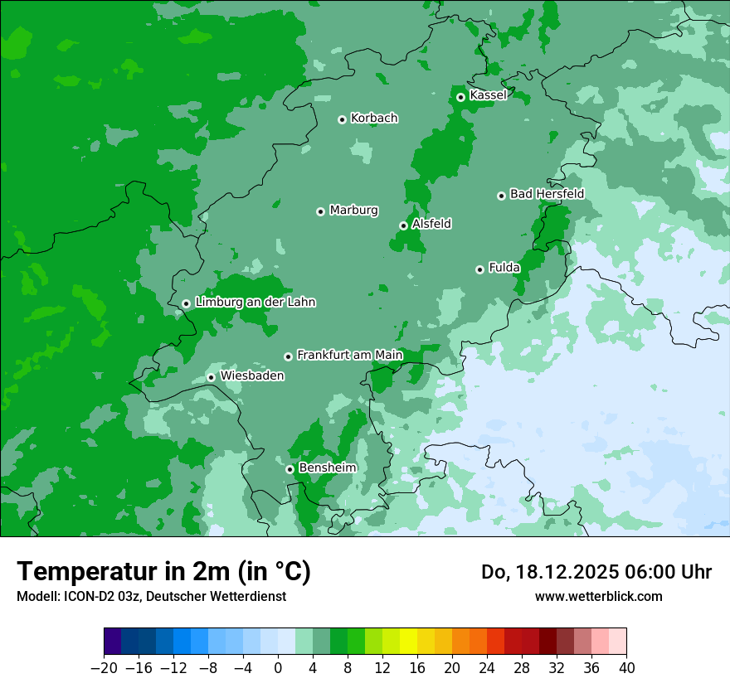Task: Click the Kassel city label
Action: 488,95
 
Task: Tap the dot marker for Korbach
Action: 342,119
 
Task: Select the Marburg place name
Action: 353,211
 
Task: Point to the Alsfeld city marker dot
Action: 403,225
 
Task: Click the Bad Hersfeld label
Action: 547,194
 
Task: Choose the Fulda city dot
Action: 479,269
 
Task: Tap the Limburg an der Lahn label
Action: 255,303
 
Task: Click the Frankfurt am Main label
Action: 349,356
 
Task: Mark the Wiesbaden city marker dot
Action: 212,378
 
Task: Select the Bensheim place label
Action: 327,468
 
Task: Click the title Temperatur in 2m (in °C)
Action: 163,572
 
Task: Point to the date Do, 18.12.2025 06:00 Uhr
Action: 596,572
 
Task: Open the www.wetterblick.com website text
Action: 598,596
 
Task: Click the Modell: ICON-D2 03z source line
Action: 151,596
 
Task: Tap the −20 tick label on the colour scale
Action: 104,668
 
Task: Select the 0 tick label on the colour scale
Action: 278,668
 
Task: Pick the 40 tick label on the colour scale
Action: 626,668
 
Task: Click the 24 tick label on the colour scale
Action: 487,668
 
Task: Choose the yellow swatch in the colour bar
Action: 409,642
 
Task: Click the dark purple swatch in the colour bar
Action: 113,642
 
